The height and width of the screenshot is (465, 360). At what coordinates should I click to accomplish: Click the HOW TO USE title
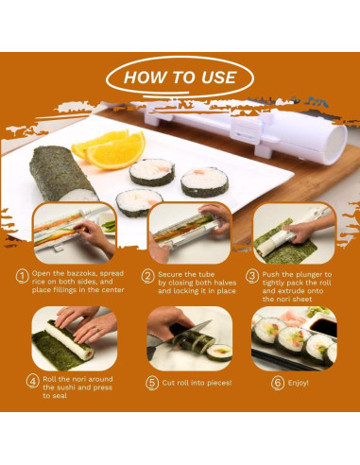180,77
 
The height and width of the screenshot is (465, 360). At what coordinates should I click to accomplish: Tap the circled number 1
22,276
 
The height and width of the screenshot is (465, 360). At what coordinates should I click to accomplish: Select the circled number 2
147,277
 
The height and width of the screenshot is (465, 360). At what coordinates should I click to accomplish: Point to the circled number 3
252,276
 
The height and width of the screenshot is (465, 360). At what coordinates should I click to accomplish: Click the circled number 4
33,381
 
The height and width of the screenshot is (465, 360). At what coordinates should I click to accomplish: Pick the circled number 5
152,383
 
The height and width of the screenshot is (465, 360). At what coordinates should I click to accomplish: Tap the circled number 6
278,383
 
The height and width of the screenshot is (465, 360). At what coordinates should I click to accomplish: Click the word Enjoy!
298,383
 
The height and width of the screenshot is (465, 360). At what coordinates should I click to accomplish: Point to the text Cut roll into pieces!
197,383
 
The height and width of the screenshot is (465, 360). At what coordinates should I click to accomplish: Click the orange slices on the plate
109,149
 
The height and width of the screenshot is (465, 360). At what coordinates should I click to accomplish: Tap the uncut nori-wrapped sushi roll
62,174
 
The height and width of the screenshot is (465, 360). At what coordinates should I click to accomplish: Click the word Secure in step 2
170,274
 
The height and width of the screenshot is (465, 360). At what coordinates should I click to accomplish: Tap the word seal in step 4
59,396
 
